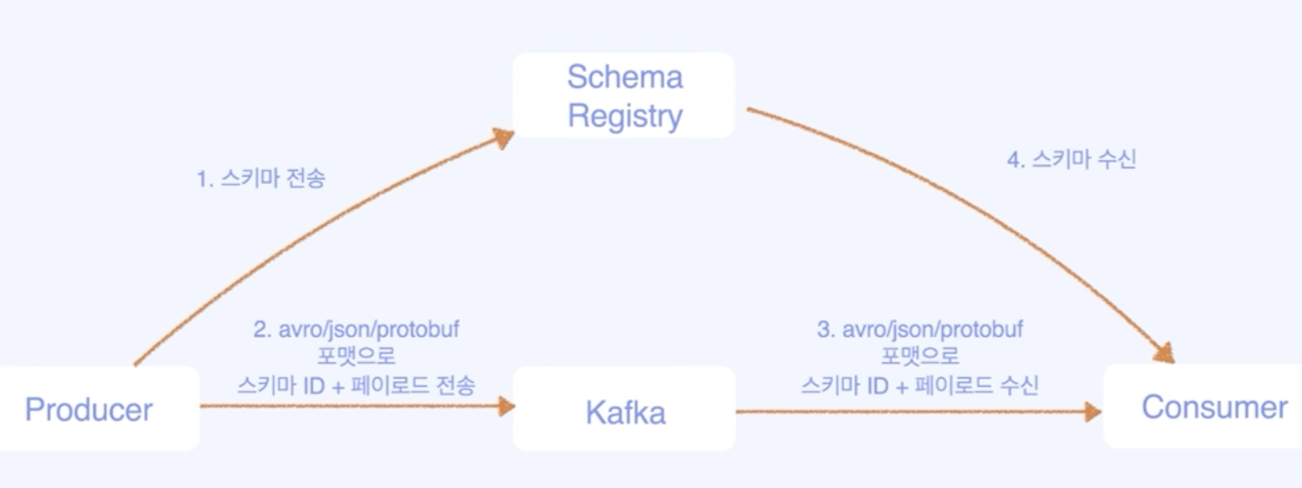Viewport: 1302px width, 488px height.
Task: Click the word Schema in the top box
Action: point(625,77)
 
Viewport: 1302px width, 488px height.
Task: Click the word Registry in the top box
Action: point(625,116)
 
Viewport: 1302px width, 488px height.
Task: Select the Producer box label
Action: point(89,409)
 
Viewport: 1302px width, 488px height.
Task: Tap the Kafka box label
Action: point(625,412)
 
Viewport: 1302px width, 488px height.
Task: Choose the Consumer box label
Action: point(1214,407)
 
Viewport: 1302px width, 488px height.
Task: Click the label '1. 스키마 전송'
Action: point(261,178)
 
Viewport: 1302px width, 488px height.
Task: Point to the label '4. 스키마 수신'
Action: point(1072,160)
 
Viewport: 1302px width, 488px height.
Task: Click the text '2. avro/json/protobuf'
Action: point(356,330)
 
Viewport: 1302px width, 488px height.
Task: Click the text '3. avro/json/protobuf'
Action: point(920,330)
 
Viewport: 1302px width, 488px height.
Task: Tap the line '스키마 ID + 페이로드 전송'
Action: point(356,385)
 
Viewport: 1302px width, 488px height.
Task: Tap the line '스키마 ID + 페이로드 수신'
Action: point(920,385)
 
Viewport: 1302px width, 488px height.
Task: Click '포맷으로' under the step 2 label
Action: point(356,356)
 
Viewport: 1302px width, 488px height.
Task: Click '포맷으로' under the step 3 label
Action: point(920,356)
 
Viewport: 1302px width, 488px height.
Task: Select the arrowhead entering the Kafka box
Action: point(505,406)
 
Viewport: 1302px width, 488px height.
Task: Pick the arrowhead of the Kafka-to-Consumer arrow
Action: point(1092,411)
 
